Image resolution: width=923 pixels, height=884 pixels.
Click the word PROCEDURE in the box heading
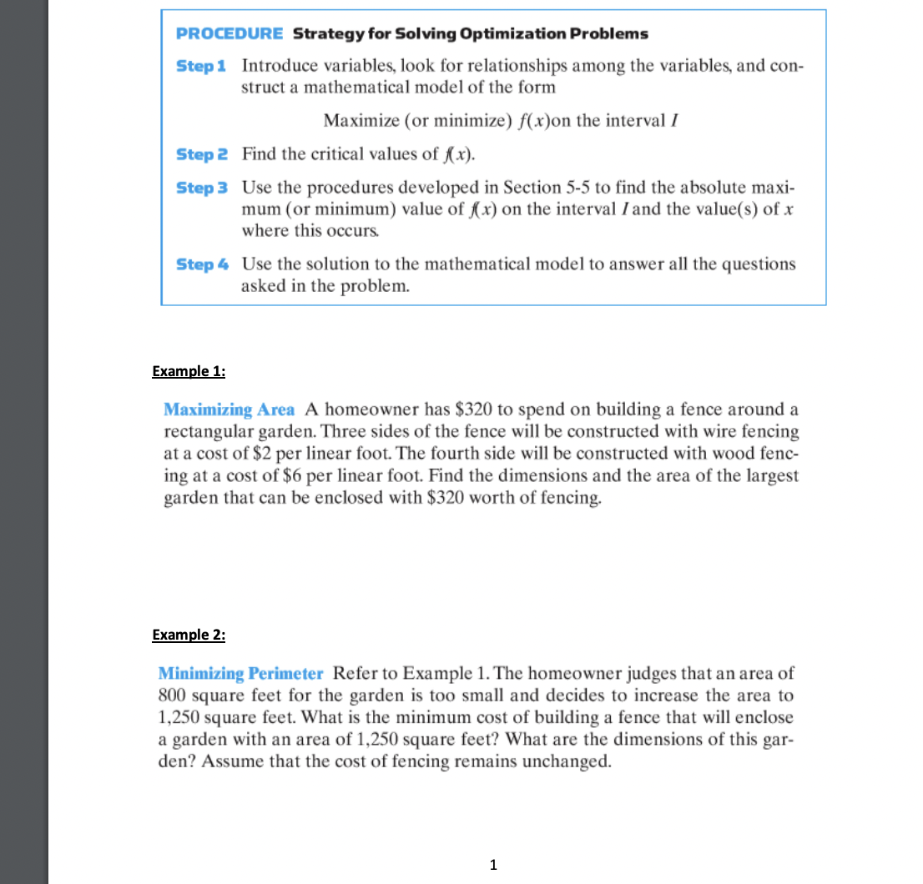pyautogui.click(x=229, y=34)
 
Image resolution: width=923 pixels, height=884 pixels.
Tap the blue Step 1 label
pyautogui.click(x=201, y=65)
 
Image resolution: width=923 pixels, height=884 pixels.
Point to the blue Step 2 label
pyautogui.click(x=201, y=153)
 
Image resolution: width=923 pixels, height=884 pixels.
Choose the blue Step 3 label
pyautogui.click(x=201, y=187)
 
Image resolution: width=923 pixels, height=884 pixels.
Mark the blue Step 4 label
pyautogui.click(x=201, y=264)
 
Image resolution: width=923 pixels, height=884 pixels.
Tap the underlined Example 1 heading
pyautogui.click(x=189, y=371)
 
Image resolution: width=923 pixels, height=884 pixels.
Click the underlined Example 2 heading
pyautogui.click(x=189, y=635)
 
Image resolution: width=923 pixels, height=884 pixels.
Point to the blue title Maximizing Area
pyautogui.click(x=229, y=409)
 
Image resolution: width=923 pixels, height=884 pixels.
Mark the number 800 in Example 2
pyautogui.click(x=173, y=696)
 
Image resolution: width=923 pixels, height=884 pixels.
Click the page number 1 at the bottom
pyautogui.click(x=493, y=865)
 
